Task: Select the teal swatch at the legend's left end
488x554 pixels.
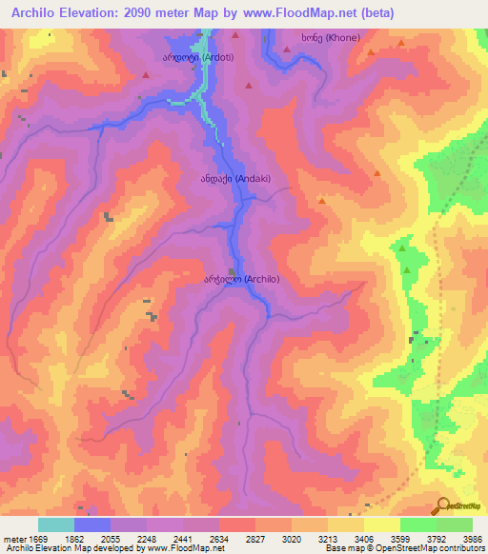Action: point(55,524)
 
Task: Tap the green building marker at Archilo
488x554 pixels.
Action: point(233,271)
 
